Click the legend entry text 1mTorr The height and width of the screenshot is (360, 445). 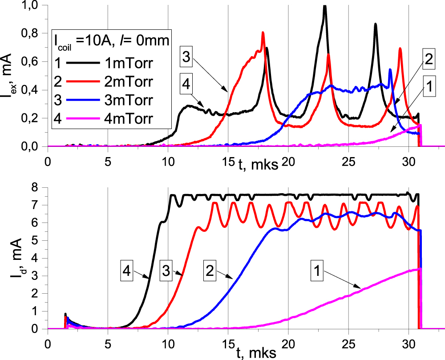click(x=132, y=63)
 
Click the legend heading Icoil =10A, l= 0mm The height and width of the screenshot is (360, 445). click(x=111, y=41)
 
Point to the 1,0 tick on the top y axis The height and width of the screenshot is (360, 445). click(x=36, y=5)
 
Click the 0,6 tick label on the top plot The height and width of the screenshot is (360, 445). click(x=36, y=61)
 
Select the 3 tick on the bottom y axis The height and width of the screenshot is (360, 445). click(x=40, y=276)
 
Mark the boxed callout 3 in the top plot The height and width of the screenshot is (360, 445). click(x=189, y=57)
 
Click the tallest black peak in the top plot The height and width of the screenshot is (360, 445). click(x=325, y=6)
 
